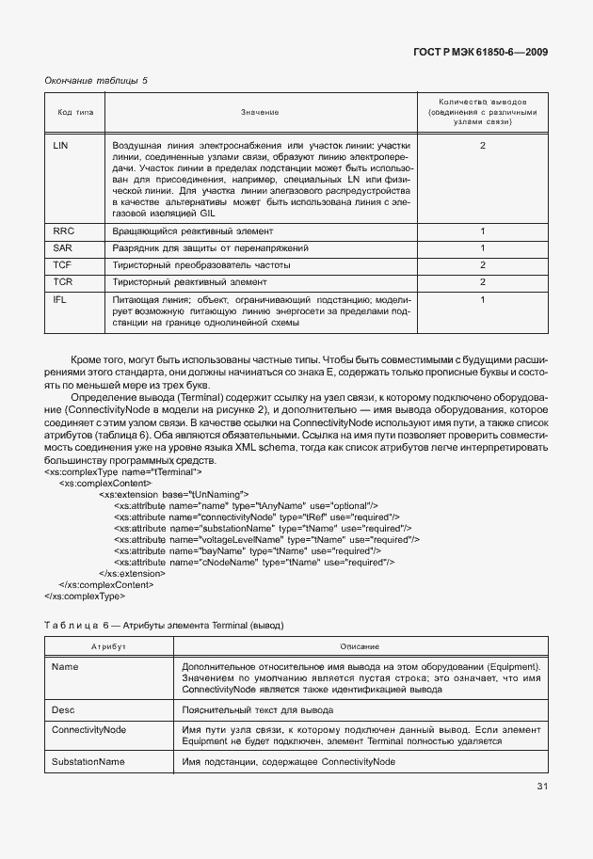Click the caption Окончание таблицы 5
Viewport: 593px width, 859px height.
tap(96, 81)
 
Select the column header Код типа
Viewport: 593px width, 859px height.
tap(75, 112)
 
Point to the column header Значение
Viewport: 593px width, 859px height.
tap(259, 112)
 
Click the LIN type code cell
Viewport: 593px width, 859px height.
tap(61, 146)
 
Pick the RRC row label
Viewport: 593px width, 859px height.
tap(64, 231)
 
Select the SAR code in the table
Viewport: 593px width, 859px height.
tap(63, 247)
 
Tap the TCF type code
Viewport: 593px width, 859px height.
tap(63, 265)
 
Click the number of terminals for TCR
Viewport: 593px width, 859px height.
tap(482, 282)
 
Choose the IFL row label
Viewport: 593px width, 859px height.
tap(61, 299)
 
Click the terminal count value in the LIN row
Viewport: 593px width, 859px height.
tap(482, 146)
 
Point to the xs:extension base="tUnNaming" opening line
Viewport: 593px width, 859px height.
tap(173, 493)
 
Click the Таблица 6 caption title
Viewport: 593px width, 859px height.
tap(164, 625)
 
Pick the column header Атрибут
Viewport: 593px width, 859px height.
tap(108, 647)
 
